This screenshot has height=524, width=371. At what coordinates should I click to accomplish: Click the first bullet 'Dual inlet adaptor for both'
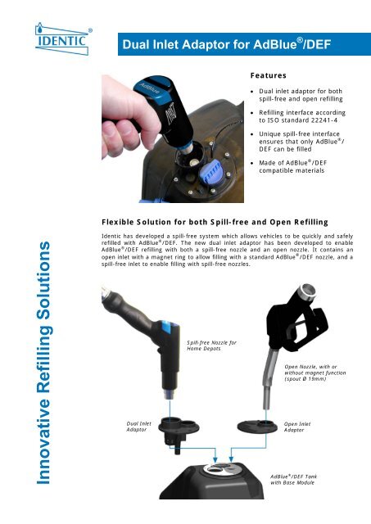(303, 97)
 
